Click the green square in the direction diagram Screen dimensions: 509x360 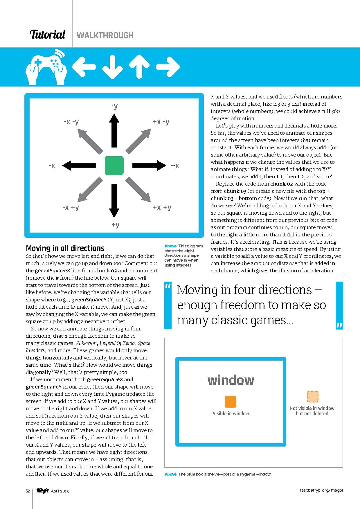pyautogui.click(x=114, y=165)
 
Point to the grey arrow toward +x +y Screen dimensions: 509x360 pyautogui.click(x=138, y=189)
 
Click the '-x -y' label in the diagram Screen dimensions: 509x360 pyautogui.click(x=71, y=122)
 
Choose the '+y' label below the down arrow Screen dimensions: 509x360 pyautogui.click(x=115, y=225)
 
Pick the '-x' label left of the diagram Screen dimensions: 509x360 pyautogui.click(x=52, y=166)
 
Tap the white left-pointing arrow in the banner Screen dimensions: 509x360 pyautogui.click(x=84, y=67)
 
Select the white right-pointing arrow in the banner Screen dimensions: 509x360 pyautogui.click(x=168, y=67)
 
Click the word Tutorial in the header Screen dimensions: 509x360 pyautogui.click(x=47, y=35)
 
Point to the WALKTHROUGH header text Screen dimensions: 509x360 pyautogui.click(x=105, y=35)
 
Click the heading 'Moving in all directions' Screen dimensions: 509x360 pyautogui.click(x=65, y=248)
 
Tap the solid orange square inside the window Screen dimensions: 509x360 pyautogui.click(x=230, y=402)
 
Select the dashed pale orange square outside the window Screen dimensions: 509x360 pyautogui.click(x=312, y=396)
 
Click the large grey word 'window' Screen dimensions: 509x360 pyautogui.click(x=231, y=380)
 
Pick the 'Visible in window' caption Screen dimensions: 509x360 pyautogui.click(x=231, y=414)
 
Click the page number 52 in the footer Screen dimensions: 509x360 pyautogui.click(x=28, y=491)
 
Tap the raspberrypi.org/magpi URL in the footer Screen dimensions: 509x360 pyautogui.click(x=321, y=490)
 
